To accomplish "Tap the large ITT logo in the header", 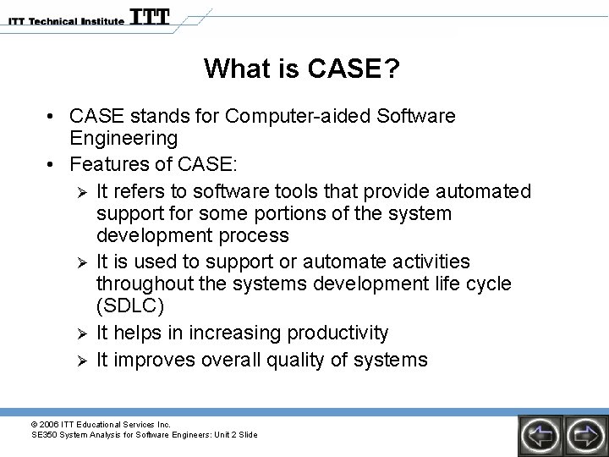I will pyautogui.click(x=150, y=17).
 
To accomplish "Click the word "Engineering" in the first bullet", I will pyautogui.click(x=123, y=138).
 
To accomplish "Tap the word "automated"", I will pyautogui.click(x=484, y=191).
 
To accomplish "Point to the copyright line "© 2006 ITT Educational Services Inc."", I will pyautogui.click(x=101, y=423).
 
